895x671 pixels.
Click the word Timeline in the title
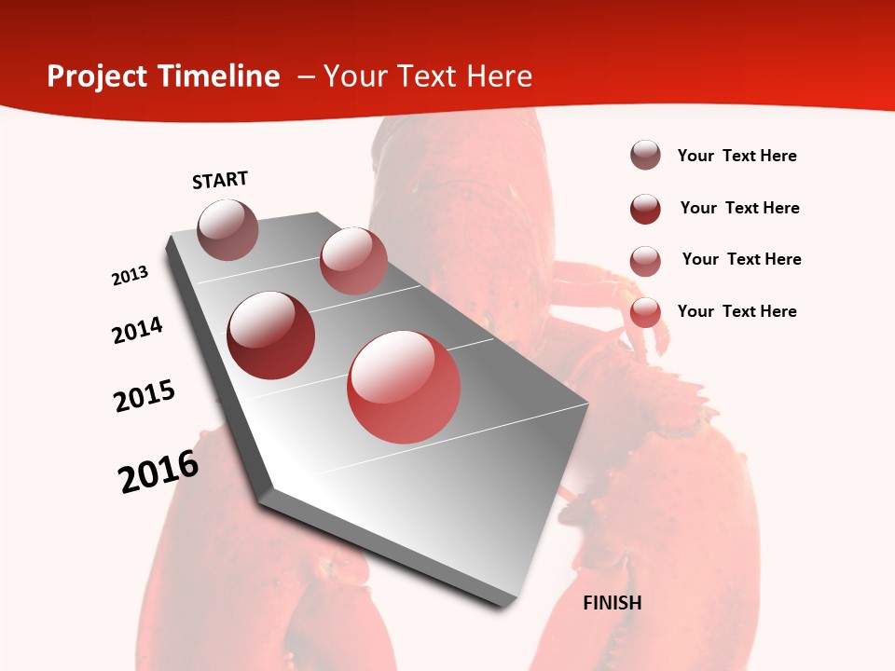point(220,76)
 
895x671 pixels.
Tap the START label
point(220,180)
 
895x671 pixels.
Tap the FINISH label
point(613,603)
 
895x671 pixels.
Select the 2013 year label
point(130,276)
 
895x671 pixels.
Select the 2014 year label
point(137,330)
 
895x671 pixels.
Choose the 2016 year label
point(158,472)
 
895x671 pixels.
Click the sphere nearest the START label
point(227,229)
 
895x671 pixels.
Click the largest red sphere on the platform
point(404,387)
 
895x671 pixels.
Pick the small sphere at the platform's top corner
point(353,261)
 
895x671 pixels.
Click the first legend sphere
point(645,156)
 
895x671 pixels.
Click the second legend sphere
point(645,209)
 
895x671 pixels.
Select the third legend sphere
point(645,261)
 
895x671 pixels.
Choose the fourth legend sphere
point(645,312)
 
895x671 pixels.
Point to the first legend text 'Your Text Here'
point(737,156)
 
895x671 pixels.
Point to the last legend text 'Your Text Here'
point(737,311)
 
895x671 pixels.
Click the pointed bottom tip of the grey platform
point(503,604)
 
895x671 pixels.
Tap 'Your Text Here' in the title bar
point(428,76)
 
